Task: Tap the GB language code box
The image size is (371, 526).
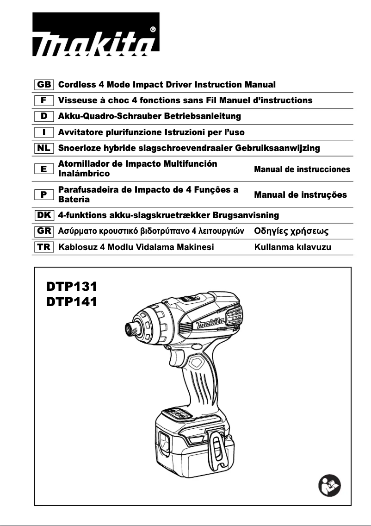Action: coord(44,85)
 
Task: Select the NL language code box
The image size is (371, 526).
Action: coord(44,148)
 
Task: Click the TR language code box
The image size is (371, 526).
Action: coord(44,247)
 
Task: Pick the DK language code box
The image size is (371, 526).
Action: coord(44,215)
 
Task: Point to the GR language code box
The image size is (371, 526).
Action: coord(44,231)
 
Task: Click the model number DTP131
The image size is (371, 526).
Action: coord(72,286)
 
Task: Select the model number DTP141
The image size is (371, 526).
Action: coord(72,302)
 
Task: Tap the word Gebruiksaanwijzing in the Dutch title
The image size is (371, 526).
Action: coord(278,148)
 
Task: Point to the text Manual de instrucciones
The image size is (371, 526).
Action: coord(302,169)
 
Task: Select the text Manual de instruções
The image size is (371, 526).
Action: coord(300,195)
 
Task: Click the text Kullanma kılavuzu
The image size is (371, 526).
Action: coord(293,247)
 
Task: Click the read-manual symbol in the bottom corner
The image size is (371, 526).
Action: coord(330,486)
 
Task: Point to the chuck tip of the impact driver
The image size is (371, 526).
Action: coord(130,329)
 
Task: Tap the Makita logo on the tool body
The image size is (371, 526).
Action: coord(211,322)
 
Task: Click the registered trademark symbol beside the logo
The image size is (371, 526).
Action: coord(153,29)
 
